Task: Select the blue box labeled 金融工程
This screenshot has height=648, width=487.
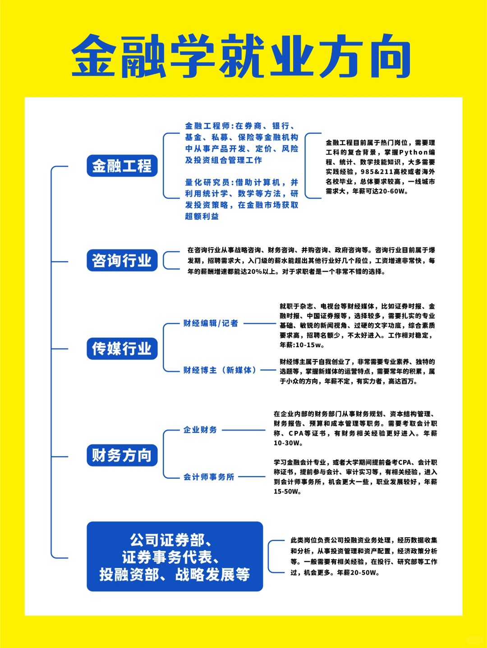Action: pyautogui.click(x=122, y=166)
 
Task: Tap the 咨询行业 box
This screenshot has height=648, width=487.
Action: pyautogui.click(x=122, y=260)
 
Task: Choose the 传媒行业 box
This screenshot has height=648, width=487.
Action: pyautogui.click(x=122, y=349)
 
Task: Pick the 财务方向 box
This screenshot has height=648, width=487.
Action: pyautogui.click(x=122, y=455)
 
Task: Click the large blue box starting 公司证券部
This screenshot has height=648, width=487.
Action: pyautogui.click(x=175, y=557)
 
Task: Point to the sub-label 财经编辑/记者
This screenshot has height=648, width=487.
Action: pyautogui.click(x=210, y=323)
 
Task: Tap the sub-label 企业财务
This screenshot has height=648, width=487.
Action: pyautogui.click(x=200, y=430)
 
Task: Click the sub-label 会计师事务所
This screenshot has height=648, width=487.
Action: pyautogui.click(x=209, y=477)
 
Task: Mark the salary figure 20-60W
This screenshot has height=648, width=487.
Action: pyautogui.click(x=394, y=191)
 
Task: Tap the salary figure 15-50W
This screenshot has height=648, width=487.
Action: pyautogui.click(x=287, y=492)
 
